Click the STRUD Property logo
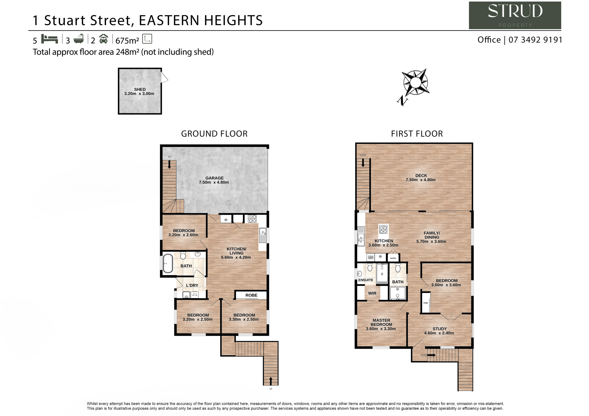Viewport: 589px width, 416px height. (x=515, y=15)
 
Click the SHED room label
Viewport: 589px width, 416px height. (x=140, y=89)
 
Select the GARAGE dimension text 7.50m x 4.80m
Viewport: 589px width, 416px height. (x=214, y=182)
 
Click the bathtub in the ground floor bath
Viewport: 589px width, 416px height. (x=168, y=263)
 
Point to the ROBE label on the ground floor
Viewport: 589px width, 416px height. (x=251, y=295)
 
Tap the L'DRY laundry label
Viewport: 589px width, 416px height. (x=192, y=285)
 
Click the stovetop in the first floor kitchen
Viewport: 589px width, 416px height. (x=383, y=229)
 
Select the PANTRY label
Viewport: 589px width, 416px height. (x=393, y=258)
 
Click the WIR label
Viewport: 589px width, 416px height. (x=372, y=293)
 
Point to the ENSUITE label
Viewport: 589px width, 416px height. (x=366, y=280)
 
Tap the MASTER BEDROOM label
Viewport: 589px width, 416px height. (x=381, y=322)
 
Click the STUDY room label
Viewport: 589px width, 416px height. (x=439, y=329)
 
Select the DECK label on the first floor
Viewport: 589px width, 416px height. (x=421, y=176)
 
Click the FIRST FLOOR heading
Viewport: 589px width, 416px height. (x=417, y=134)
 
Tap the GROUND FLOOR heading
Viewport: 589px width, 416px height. (x=214, y=134)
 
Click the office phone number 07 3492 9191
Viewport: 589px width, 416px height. (x=535, y=40)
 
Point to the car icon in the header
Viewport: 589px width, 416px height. (x=103, y=39)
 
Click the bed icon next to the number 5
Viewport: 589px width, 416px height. (x=49, y=39)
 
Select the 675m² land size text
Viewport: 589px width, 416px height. (x=127, y=40)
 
